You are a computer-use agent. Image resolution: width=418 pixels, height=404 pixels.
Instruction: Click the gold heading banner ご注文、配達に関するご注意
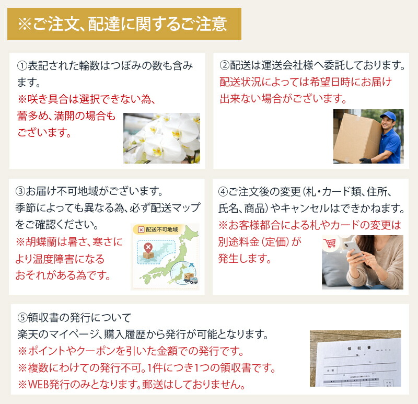(124, 24)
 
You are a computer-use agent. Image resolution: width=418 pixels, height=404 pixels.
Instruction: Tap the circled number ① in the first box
(22, 66)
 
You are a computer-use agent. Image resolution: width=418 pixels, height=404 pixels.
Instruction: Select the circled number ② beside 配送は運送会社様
(225, 65)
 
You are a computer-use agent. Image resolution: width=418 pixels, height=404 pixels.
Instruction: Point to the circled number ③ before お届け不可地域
(20, 191)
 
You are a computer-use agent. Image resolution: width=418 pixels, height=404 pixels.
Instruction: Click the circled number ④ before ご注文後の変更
(223, 192)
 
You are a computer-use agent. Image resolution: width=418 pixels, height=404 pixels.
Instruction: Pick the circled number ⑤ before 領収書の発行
(22, 317)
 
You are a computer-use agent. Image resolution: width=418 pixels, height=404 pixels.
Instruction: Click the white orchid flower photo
(161, 138)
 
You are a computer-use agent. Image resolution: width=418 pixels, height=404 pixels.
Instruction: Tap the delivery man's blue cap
(388, 116)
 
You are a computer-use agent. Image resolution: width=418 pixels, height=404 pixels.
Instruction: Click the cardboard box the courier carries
(357, 137)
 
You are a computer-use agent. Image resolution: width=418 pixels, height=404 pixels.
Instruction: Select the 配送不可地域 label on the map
(158, 229)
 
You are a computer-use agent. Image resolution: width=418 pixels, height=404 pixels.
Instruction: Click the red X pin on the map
(148, 247)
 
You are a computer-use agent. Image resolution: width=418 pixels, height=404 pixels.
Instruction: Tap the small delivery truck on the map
(191, 278)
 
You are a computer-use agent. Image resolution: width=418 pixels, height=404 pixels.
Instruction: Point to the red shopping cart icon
(330, 243)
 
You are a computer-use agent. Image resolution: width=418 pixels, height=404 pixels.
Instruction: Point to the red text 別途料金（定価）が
(260, 241)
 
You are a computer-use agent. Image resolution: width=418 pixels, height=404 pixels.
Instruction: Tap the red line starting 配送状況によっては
(306, 82)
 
